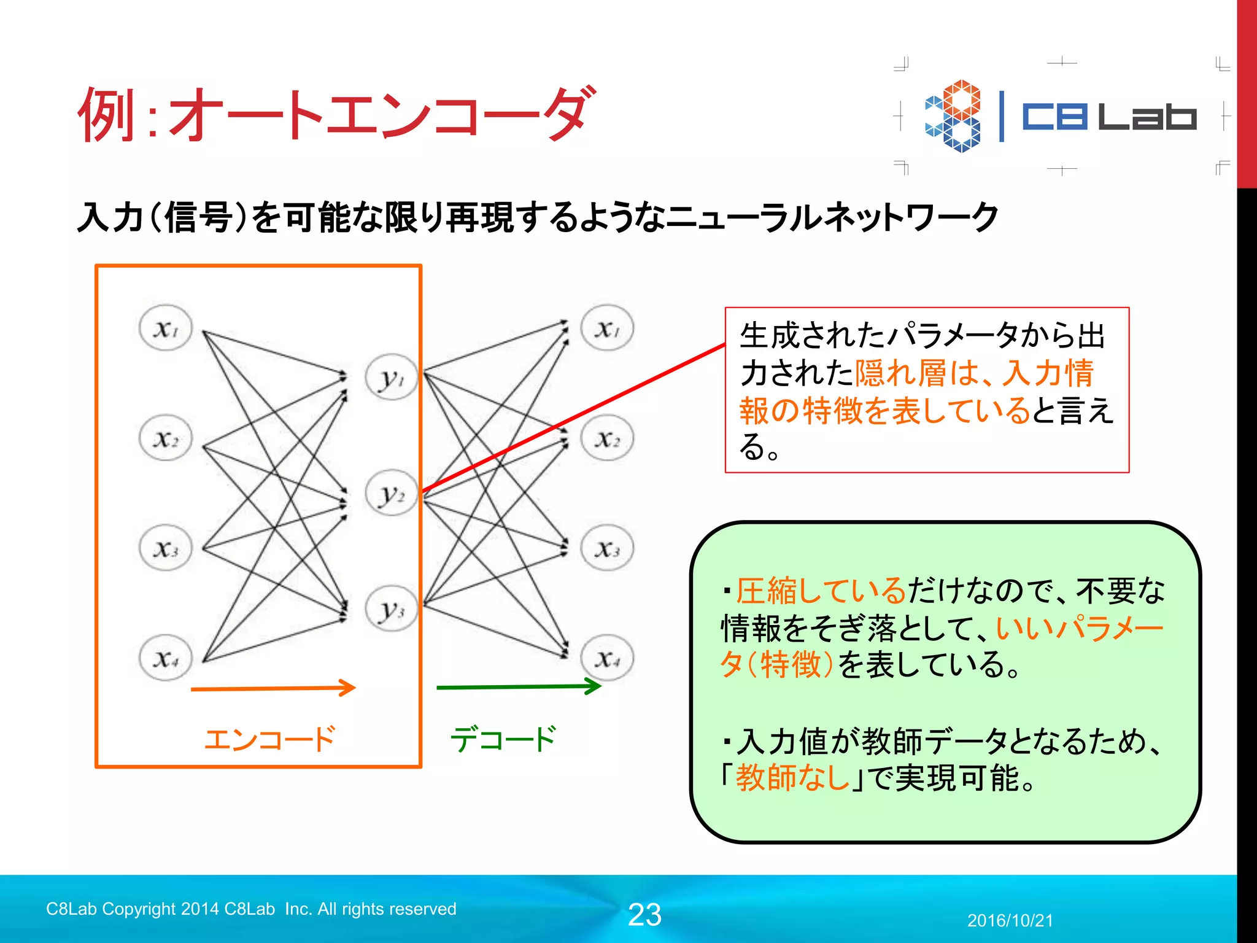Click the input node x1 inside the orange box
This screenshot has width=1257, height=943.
coord(166,328)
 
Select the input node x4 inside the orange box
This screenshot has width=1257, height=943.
coord(166,658)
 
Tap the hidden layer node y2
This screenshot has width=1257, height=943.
coord(392,493)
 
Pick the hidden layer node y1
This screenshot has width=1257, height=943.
coord(392,377)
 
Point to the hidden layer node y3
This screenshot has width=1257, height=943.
coord(392,608)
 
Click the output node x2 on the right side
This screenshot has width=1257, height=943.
coord(607,438)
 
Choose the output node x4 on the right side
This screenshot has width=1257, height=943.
coord(607,658)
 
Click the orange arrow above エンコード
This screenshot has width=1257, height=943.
coord(273,688)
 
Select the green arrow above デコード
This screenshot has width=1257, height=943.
coord(519,687)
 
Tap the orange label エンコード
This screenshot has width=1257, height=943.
coord(269,739)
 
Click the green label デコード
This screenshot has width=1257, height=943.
coord(503,739)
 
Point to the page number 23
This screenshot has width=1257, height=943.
coord(644,915)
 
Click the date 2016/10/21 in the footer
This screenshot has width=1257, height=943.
coord(1010,920)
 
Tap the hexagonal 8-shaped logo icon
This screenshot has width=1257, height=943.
coord(953,116)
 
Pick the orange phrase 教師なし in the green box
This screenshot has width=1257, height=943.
coord(792,777)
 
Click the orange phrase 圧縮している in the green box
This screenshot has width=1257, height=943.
coord(821,591)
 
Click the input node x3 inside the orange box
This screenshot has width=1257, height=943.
coord(166,548)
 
